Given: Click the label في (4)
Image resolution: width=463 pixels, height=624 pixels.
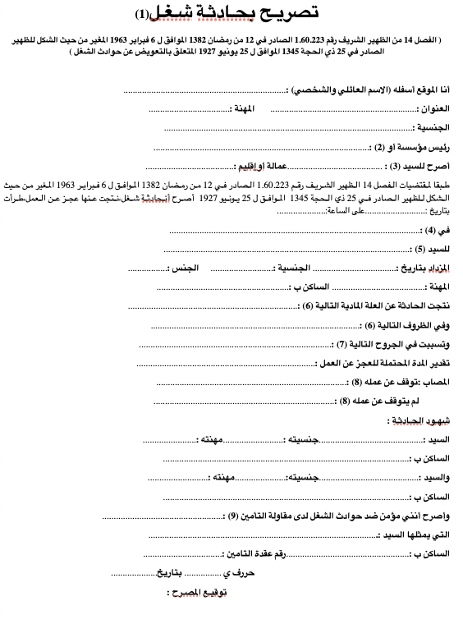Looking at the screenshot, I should (441, 231).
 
